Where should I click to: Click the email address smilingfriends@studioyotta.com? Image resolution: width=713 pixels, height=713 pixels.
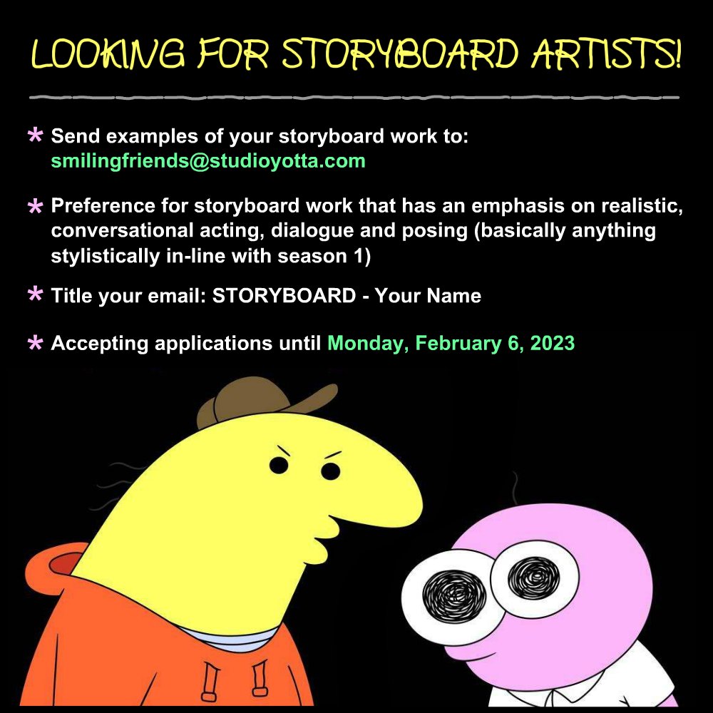[x=208, y=160]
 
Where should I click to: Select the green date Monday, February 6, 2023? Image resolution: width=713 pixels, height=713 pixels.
[x=451, y=343]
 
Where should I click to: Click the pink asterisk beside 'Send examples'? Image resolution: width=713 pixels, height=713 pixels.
[x=34, y=136]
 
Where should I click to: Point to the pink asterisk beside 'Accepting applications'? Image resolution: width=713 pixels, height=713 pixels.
[x=34, y=344]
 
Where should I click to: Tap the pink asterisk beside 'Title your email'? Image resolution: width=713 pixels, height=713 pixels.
[x=34, y=295]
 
